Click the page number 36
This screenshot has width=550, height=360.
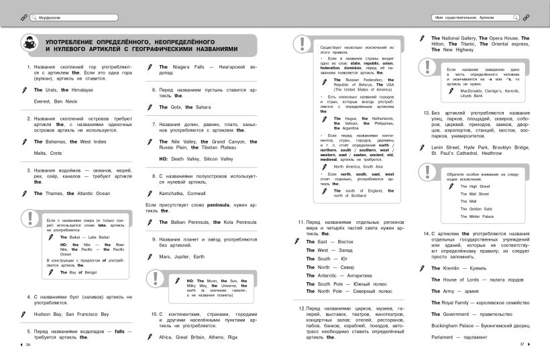28,345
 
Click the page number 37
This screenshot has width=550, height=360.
521,345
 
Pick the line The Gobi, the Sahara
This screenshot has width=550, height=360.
185,107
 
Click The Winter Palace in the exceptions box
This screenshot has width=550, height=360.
477,217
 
